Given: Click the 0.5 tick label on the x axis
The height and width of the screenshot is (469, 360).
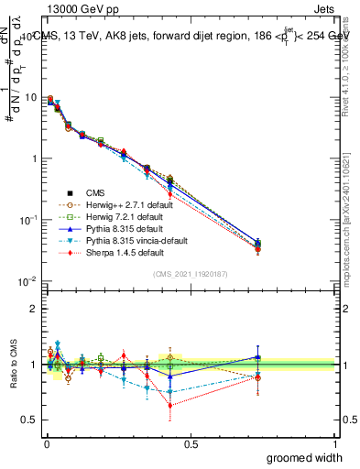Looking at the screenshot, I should tap(190, 443).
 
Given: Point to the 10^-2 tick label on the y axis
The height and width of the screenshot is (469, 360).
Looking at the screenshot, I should tap(27, 281).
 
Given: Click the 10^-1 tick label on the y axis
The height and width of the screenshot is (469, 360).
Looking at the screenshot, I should tap(27, 220).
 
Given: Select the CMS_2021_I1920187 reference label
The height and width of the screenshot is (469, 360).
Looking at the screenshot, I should tap(190, 274).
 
